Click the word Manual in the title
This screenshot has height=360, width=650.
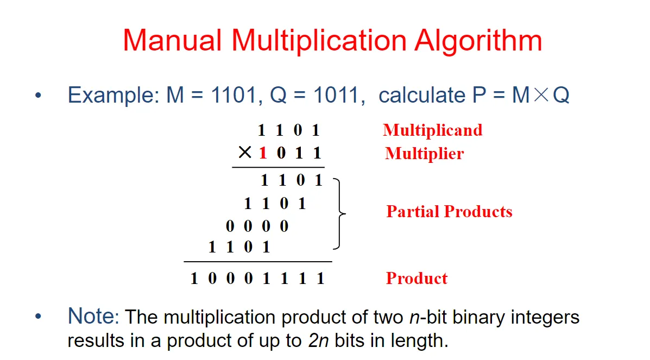point(172,40)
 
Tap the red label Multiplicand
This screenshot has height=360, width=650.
point(432,130)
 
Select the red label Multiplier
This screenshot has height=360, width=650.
point(424,154)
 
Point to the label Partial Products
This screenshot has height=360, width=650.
point(449,211)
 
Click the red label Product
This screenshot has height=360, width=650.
point(416,279)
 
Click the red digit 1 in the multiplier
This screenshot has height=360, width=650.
point(263,153)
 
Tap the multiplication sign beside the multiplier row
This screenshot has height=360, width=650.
point(245,153)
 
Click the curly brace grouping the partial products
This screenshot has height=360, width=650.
point(340,213)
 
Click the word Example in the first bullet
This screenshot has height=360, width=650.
point(111,95)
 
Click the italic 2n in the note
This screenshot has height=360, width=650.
point(317,340)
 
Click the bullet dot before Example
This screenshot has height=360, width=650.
point(37,96)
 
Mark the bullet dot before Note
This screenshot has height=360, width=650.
point(37,317)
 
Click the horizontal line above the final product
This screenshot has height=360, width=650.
point(257,262)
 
